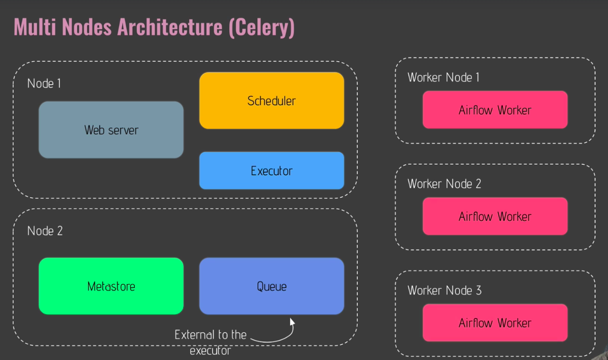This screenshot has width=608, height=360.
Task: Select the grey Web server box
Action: click(x=111, y=130)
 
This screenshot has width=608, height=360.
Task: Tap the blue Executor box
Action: click(x=271, y=171)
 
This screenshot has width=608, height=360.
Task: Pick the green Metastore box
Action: click(x=111, y=286)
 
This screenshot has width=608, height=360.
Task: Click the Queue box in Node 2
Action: click(x=271, y=286)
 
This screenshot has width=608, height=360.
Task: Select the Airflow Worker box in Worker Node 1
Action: click(x=495, y=110)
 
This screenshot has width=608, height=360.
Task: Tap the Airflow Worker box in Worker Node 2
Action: click(x=495, y=216)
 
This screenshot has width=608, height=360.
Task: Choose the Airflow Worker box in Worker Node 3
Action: click(x=495, y=323)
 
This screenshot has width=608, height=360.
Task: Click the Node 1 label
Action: click(x=44, y=84)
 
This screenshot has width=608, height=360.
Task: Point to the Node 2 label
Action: click(x=45, y=231)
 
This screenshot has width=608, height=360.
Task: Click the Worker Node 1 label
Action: click(x=443, y=78)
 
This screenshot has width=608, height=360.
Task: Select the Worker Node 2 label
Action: click(x=444, y=184)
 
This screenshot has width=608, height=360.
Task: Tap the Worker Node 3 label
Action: click(x=444, y=290)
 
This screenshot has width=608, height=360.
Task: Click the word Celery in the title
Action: click(x=261, y=27)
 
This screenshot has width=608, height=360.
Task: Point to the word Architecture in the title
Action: click(x=170, y=27)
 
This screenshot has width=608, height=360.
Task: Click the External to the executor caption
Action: click(x=210, y=342)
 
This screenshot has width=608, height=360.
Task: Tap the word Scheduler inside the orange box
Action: click(x=271, y=101)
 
